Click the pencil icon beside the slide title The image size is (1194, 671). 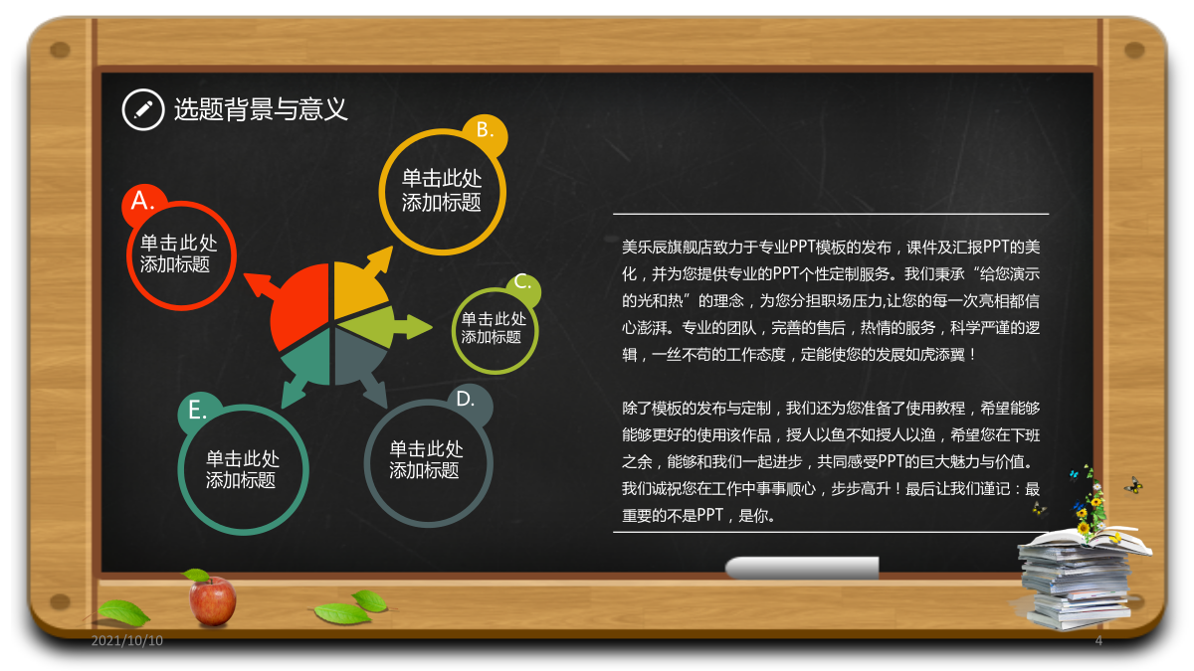point(143,109)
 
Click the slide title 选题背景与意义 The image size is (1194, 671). point(261,109)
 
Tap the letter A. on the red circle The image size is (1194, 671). point(142,201)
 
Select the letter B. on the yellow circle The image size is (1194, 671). point(484,129)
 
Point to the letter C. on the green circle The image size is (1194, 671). point(522,281)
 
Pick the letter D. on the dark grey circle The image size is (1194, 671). point(466,399)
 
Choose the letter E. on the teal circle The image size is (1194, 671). point(197,410)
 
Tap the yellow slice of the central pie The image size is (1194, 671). point(359,287)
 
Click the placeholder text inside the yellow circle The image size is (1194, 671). point(442,190)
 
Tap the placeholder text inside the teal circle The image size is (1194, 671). point(242,469)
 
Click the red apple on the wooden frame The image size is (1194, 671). point(212,599)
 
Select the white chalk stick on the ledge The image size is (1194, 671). point(802,568)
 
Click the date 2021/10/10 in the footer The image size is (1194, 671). point(127,640)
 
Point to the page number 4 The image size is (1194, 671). point(1098,640)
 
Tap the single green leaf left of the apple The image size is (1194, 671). point(123,612)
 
